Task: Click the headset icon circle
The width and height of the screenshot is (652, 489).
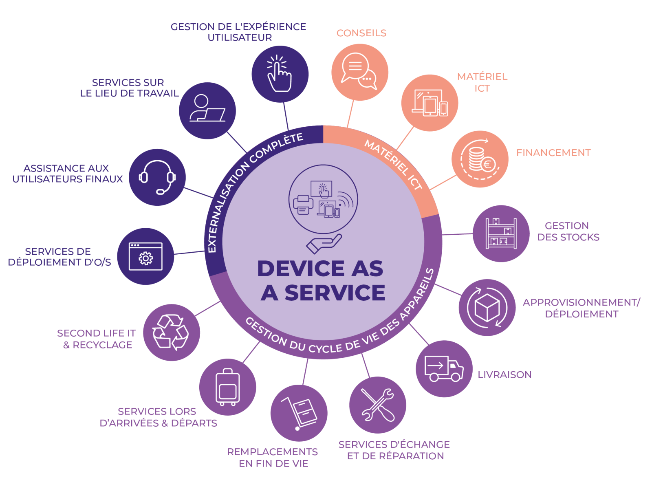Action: (157, 177)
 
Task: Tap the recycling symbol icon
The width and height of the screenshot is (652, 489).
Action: (170, 332)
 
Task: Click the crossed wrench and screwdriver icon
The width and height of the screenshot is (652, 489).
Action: (377, 405)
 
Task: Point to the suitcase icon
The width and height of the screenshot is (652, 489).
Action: (227, 387)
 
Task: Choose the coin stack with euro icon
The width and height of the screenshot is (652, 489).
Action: (480, 159)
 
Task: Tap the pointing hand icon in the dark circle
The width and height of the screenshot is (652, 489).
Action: (279, 73)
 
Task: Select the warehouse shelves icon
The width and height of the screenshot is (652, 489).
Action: (501, 233)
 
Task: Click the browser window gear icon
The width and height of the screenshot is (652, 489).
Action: (145, 257)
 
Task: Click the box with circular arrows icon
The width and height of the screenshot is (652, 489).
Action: (487, 308)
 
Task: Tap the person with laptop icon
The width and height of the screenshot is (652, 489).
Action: (207, 108)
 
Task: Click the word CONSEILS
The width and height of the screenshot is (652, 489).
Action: (361, 33)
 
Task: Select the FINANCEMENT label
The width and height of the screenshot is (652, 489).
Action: (553, 152)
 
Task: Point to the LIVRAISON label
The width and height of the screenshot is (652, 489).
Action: (504, 374)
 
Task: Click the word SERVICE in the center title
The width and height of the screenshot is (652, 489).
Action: (335, 293)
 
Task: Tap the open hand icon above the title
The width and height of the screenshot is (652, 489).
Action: (324, 244)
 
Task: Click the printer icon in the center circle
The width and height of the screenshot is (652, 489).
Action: (303, 205)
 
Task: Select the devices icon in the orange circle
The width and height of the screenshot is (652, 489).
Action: (430, 103)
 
